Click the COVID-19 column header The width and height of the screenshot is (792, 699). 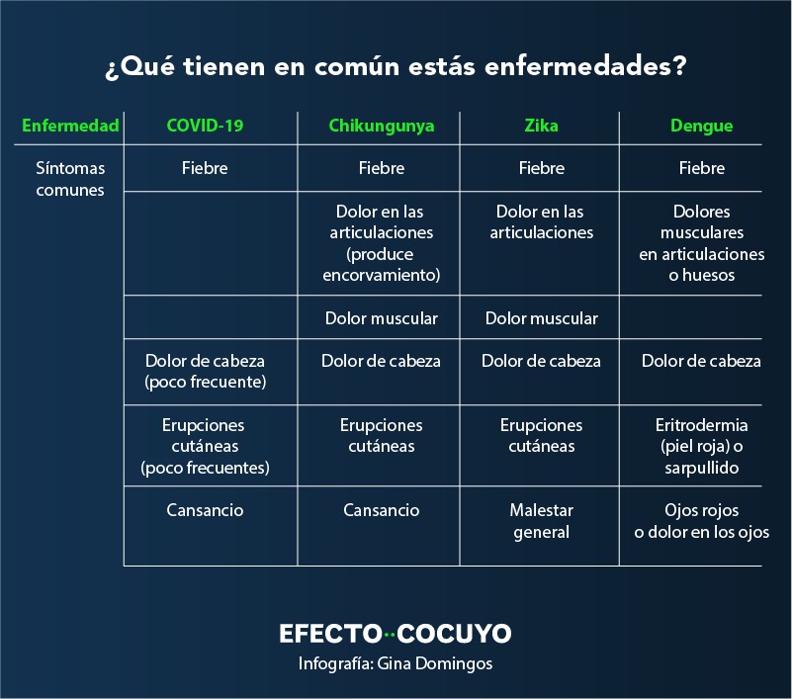(205, 126)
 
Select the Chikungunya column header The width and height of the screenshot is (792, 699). (382, 126)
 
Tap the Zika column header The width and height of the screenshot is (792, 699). (541, 126)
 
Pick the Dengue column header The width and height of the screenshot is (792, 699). (702, 126)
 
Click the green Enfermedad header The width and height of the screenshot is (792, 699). (70, 126)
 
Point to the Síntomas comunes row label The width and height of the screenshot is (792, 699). (70, 179)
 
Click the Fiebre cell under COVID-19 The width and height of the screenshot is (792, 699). (205, 168)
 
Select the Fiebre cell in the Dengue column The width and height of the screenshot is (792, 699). (702, 168)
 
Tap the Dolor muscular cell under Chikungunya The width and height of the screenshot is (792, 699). (382, 318)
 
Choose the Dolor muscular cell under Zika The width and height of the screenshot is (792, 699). (542, 318)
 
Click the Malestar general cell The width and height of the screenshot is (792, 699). (542, 521)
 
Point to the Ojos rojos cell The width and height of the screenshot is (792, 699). (702, 521)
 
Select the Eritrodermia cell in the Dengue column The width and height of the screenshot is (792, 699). (702, 446)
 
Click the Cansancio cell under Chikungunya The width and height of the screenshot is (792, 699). (382, 510)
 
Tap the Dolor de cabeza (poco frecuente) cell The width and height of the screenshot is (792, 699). (205, 371)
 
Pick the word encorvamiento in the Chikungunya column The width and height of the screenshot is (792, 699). (382, 275)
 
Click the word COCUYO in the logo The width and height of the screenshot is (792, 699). (454, 634)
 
